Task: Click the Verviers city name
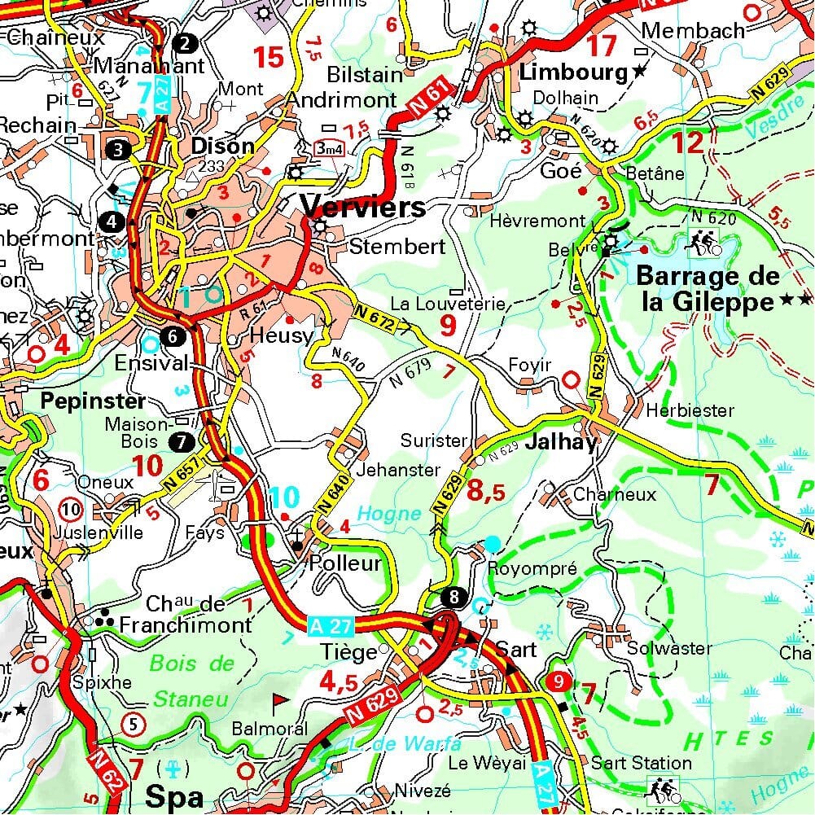pyautogui.click(x=363, y=206)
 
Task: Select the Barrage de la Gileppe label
pyautogui.click(x=707, y=289)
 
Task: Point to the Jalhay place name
pyautogui.click(x=562, y=442)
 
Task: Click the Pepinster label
pyautogui.click(x=92, y=401)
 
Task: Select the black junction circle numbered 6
pyautogui.click(x=173, y=335)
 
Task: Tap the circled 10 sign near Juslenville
pyautogui.click(x=72, y=510)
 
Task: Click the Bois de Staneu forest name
pyautogui.click(x=192, y=681)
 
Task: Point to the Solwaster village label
pyautogui.click(x=669, y=648)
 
